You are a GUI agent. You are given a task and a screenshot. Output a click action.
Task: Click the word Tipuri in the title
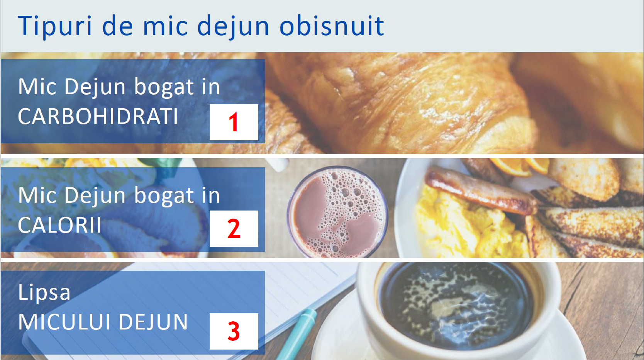[x=54, y=26]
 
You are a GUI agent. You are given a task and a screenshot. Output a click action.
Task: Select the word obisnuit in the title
[x=332, y=26]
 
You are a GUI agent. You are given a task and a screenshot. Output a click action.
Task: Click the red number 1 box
[x=234, y=122]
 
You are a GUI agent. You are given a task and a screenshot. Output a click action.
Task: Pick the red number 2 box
[x=234, y=229]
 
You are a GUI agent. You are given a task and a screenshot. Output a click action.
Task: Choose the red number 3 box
[x=234, y=331]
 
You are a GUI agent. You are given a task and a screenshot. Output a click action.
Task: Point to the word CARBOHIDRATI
[x=98, y=116]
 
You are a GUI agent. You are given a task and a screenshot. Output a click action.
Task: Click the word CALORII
[x=59, y=225]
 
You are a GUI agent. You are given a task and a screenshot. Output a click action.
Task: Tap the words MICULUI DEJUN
[x=103, y=322]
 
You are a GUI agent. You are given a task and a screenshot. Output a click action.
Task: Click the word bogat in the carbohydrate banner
[x=164, y=87]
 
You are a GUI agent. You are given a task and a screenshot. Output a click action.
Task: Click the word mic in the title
[x=165, y=26]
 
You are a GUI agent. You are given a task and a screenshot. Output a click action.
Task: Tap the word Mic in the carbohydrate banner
[x=37, y=87]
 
